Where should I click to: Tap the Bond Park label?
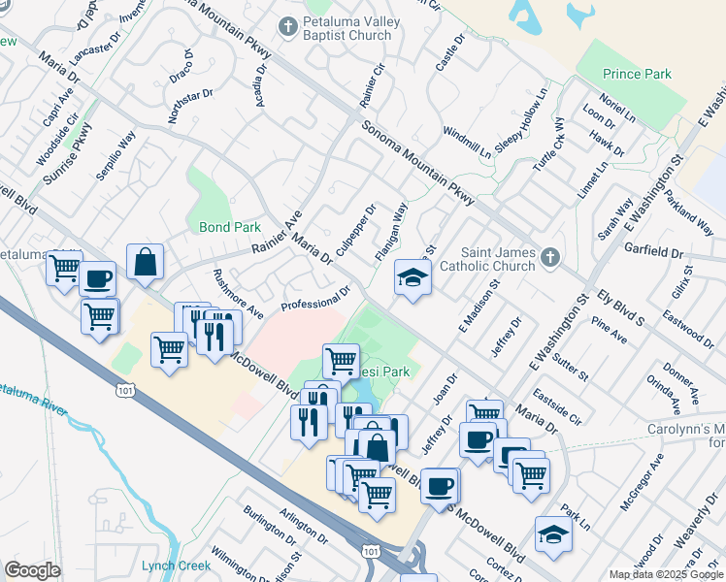pos(230,227)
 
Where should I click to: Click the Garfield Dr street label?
pos(654,251)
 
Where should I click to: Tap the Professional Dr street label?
pos(315,299)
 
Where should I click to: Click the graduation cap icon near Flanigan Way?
pos(412,279)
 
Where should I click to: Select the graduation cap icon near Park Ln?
pos(554,534)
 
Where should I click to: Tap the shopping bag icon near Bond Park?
pos(145,261)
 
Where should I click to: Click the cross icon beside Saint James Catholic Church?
pos(549,257)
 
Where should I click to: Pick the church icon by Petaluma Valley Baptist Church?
pos(288,26)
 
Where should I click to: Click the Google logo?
pos(33,570)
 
